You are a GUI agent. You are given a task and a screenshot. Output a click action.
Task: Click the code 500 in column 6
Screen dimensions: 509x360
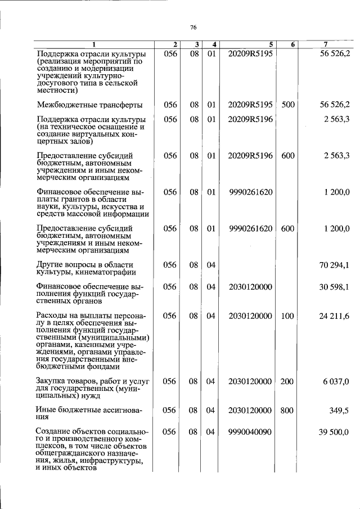point(287,105)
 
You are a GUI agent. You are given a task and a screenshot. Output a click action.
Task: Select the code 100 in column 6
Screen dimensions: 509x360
point(287,317)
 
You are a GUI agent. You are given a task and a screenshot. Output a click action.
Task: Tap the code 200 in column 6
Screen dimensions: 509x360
point(287,381)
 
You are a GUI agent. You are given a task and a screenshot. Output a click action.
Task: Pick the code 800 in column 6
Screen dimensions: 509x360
point(287,411)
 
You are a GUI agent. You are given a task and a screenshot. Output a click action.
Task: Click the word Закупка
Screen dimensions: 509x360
point(53,381)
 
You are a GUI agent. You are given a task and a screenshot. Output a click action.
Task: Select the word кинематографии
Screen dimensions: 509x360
point(106,273)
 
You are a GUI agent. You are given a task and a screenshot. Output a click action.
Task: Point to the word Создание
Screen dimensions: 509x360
point(55,432)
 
